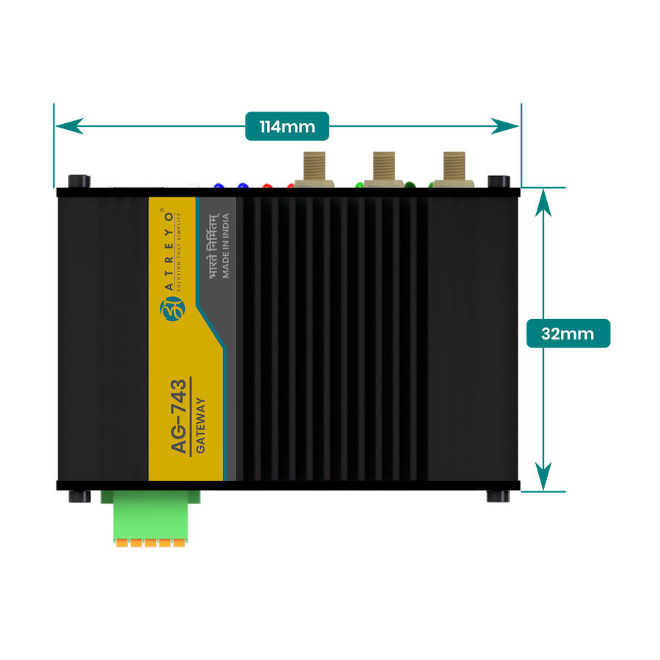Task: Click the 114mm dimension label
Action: click(x=287, y=127)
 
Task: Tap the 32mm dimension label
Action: click(x=568, y=333)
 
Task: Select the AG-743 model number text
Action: click(x=180, y=417)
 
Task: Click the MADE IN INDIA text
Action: click(x=226, y=246)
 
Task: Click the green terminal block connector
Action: click(x=150, y=516)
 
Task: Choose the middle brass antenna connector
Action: click(x=383, y=169)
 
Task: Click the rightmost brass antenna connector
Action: click(x=452, y=169)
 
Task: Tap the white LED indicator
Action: click(x=194, y=184)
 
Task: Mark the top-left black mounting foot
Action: click(x=78, y=180)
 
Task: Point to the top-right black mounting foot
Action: click(x=499, y=180)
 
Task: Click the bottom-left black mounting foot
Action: click(x=79, y=496)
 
